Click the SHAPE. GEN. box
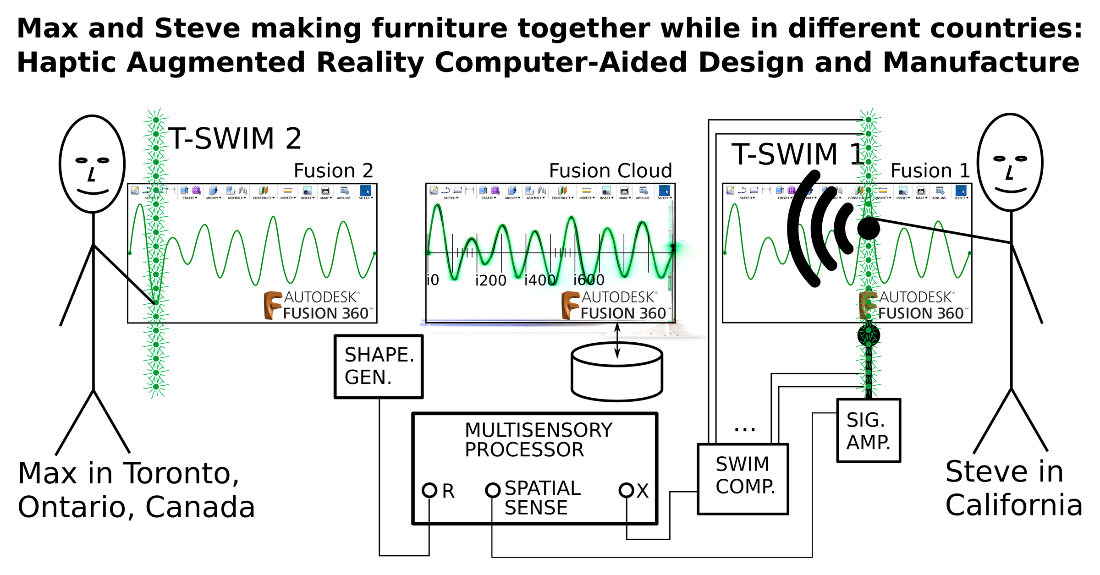pyautogui.click(x=379, y=367)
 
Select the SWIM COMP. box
pyautogui.click(x=743, y=479)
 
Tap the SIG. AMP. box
pyautogui.click(x=869, y=431)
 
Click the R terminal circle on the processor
pyautogui.click(x=429, y=490)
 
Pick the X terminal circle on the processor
pyautogui.click(x=627, y=490)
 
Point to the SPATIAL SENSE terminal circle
pyautogui.click(x=493, y=490)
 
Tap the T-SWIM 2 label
pyautogui.click(x=235, y=139)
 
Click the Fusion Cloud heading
pyautogui.click(x=610, y=171)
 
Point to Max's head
pyautogui.click(x=93, y=164)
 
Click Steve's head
pyautogui.click(x=1010, y=162)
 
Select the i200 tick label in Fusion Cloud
pyautogui.click(x=491, y=280)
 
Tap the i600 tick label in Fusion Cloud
pyautogui.click(x=589, y=279)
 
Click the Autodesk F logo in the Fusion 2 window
pyautogui.click(x=273, y=305)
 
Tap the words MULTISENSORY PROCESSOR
pyautogui.click(x=538, y=440)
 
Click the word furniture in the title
pyautogui.click(x=440, y=28)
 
